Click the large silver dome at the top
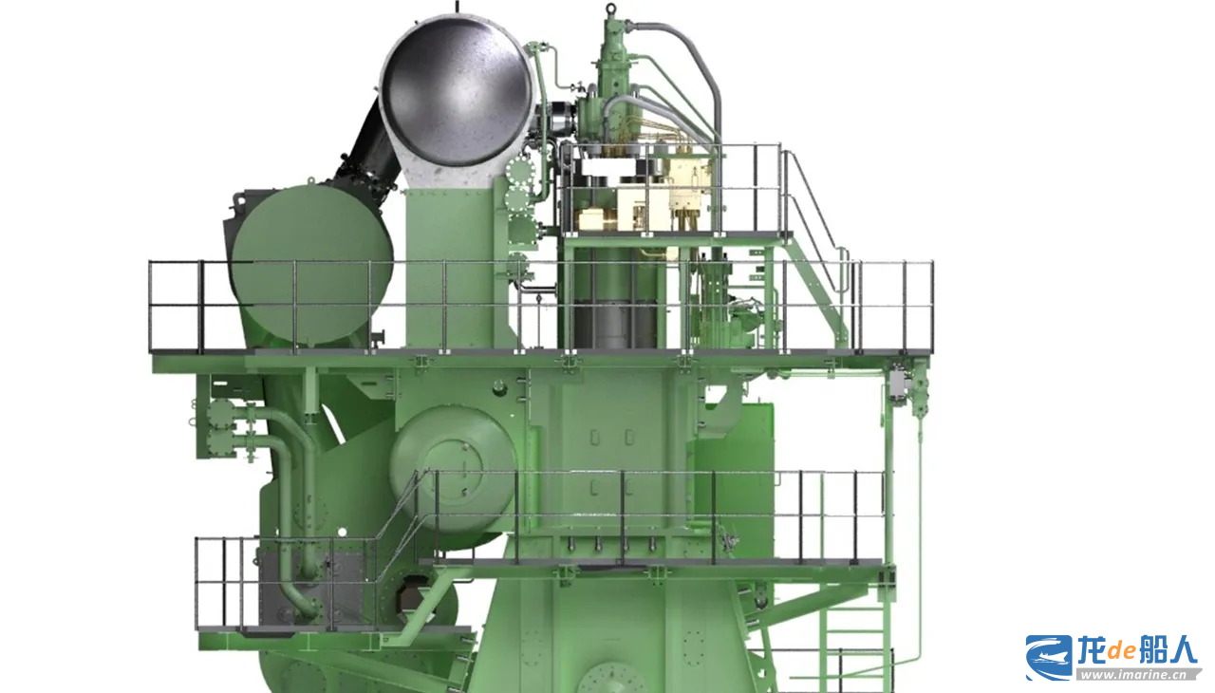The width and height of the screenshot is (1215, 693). (458, 91)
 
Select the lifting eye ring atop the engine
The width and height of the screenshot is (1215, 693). (611, 9)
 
